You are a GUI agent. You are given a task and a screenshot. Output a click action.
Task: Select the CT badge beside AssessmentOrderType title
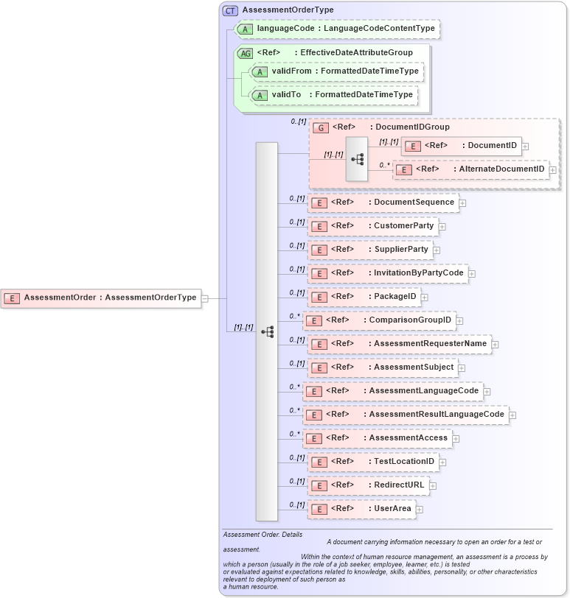click(230, 10)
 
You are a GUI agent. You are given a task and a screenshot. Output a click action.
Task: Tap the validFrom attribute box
click(336, 71)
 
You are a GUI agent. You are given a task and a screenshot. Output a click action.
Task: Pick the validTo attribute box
click(333, 95)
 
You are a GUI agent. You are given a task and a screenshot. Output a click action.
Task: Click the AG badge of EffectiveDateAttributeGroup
click(245, 53)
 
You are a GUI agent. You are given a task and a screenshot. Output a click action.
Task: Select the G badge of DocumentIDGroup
click(321, 127)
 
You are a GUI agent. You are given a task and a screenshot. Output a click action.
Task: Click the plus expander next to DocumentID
click(526, 146)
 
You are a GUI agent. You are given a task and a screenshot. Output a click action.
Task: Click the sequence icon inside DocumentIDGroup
click(357, 158)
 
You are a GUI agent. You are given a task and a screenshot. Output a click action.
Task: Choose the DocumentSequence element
click(383, 203)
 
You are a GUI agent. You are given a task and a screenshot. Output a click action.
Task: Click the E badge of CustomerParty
click(319, 226)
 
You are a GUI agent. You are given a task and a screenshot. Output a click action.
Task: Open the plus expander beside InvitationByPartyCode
click(472, 274)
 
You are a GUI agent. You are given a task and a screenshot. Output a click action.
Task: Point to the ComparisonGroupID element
click(380, 320)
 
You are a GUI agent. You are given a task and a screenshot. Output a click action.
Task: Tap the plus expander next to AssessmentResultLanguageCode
click(512, 415)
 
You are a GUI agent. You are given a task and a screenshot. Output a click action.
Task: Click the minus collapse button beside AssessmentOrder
click(205, 298)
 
